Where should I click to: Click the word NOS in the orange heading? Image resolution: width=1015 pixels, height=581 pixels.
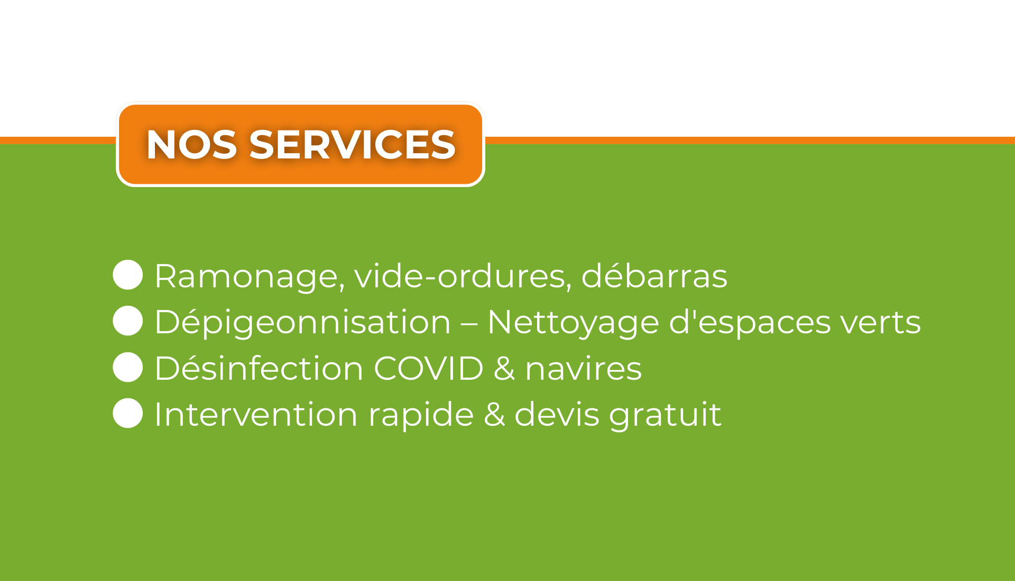pyautogui.click(x=191, y=145)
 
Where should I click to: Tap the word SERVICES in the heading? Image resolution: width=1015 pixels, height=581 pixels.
pyautogui.click(x=352, y=145)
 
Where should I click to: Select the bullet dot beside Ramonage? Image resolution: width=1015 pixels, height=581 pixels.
pyautogui.click(x=128, y=275)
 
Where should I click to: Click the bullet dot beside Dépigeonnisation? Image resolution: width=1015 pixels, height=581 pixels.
pyautogui.click(x=128, y=321)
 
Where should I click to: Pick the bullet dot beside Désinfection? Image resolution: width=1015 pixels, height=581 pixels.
pyautogui.click(x=128, y=367)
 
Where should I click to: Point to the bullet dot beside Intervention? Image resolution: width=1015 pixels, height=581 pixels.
pyautogui.click(x=128, y=413)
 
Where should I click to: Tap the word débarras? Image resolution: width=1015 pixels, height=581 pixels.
pyautogui.click(x=654, y=275)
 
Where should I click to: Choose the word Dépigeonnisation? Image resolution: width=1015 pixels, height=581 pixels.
pyautogui.click(x=302, y=323)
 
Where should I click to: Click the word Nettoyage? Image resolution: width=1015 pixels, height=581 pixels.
pyautogui.click(x=573, y=323)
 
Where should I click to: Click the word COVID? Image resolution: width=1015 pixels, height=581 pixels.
pyautogui.click(x=428, y=368)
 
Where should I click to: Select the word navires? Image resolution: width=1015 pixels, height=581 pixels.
pyautogui.click(x=584, y=369)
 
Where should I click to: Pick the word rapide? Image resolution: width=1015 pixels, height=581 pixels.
pyautogui.click(x=421, y=415)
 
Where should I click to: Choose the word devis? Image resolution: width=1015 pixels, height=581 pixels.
pyautogui.click(x=557, y=414)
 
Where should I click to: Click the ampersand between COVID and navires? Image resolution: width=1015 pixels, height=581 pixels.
pyautogui.click(x=504, y=368)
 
